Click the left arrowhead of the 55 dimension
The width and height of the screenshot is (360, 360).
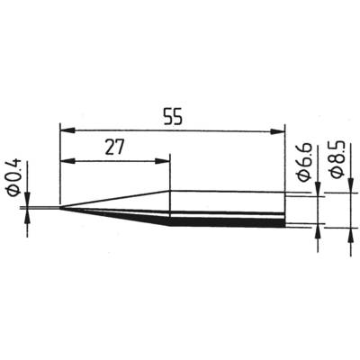[66, 131]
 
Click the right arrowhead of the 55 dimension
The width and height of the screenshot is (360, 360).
[280, 131]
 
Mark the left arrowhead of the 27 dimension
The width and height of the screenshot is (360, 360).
[66, 163]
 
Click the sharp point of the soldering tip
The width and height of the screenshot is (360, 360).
[60, 210]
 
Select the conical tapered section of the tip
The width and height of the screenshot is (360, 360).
[126, 208]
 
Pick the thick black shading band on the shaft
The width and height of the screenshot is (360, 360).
[225, 220]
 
